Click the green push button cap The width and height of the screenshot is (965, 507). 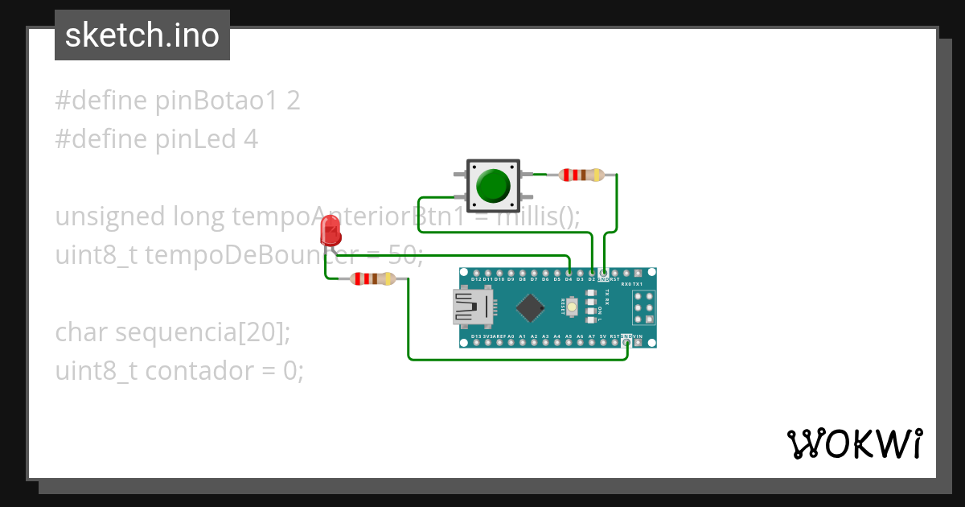tap(492, 185)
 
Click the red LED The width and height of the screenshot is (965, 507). tap(330, 231)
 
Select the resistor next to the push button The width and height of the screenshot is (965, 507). tap(581, 175)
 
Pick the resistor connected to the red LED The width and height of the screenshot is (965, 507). tap(372, 279)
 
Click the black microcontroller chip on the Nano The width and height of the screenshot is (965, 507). tap(530, 307)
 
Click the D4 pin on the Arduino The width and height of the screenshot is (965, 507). tap(569, 274)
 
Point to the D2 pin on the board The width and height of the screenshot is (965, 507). tap(592, 274)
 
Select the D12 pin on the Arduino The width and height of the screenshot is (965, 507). tap(476, 274)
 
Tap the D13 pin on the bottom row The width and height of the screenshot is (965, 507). tap(476, 342)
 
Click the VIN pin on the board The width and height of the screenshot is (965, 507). tap(639, 342)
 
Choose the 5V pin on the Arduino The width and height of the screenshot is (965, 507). tap(603, 342)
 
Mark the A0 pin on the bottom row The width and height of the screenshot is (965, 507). tap(511, 342)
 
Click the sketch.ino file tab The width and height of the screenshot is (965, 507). tap(142, 35)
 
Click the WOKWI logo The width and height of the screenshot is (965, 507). tap(855, 443)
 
